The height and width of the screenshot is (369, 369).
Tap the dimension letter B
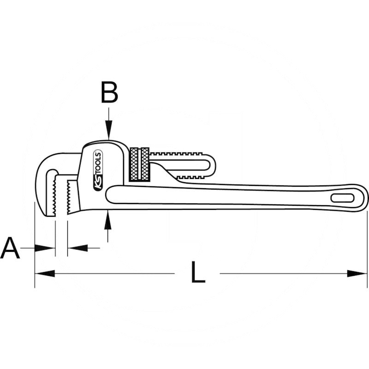click(109, 94)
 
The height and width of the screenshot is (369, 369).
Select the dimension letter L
click(197, 273)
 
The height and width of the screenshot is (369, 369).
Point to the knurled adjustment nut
click(139, 165)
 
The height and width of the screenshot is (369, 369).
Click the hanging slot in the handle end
click(342, 198)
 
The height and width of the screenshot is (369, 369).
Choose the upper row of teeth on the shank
click(178, 152)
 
